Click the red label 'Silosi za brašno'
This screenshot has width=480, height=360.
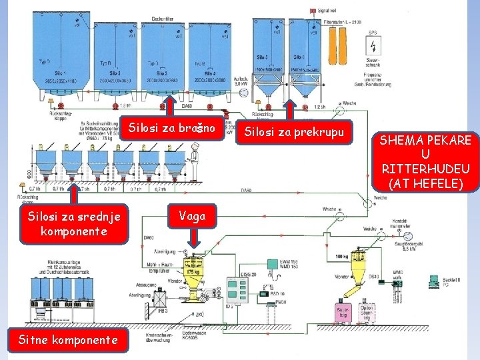172,127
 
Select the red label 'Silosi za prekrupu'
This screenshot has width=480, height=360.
294,131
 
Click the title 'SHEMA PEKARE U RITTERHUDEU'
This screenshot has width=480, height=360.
425,161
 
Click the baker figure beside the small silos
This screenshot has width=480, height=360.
195,164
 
